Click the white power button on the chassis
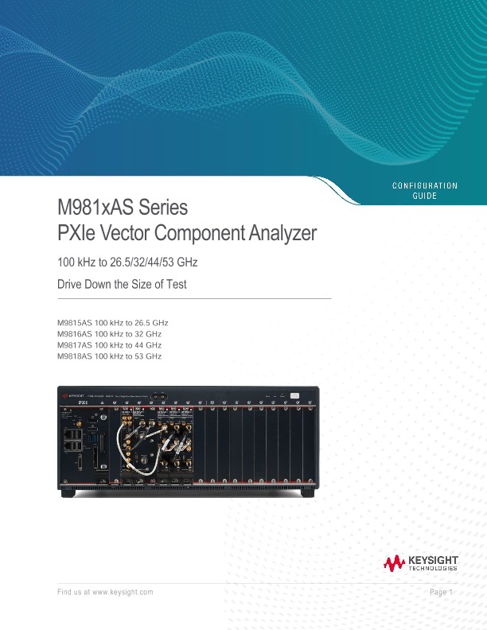295,395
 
